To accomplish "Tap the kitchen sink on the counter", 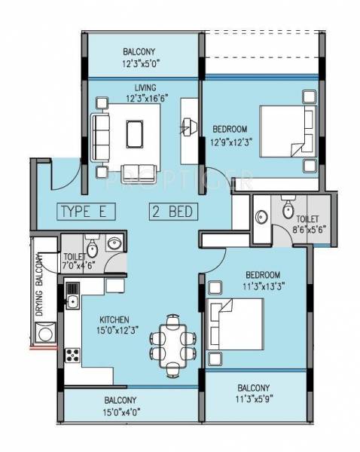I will [x=74, y=302].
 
